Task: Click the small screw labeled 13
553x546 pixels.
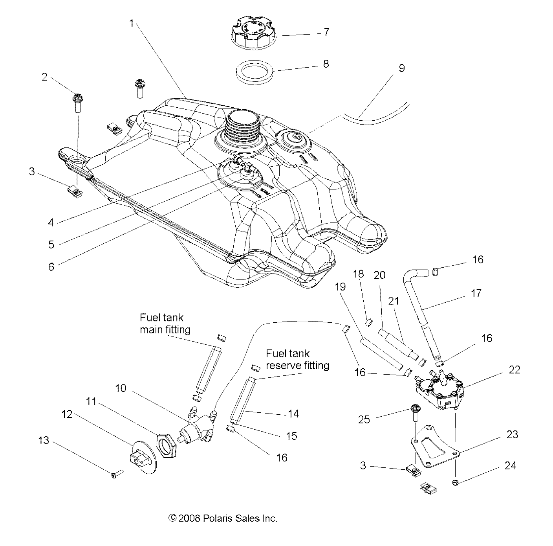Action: [x=117, y=475]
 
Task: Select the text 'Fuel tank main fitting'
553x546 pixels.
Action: [x=165, y=323]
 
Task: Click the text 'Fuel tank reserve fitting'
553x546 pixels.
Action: [x=297, y=359]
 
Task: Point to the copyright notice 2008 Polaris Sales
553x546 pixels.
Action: [x=223, y=518]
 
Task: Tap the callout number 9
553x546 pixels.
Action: [x=401, y=68]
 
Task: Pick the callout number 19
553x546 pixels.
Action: [x=340, y=287]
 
